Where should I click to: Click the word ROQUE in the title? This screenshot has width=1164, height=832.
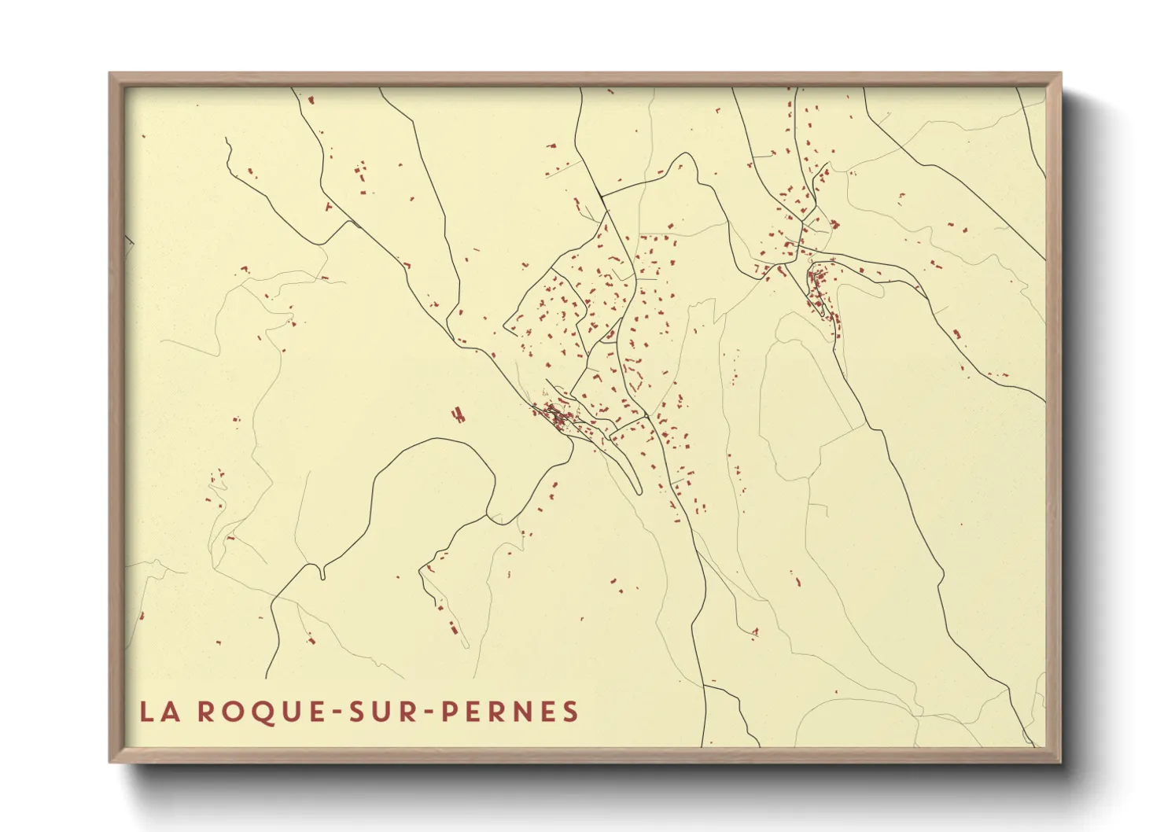pyautogui.click(x=252, y=712)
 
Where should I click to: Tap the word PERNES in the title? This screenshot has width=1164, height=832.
pyautogui.click(x=510, y=712)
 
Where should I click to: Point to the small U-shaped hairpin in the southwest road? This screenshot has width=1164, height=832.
pyautogui.click(x=323, y=573)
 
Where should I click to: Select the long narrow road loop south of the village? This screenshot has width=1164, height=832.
pyautogui.click(x=629, y=472)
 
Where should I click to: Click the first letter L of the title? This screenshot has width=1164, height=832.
pyautogui.click(x=146, y=712)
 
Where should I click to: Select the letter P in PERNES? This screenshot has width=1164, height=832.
pyautogui.click(x=451, y=712)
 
